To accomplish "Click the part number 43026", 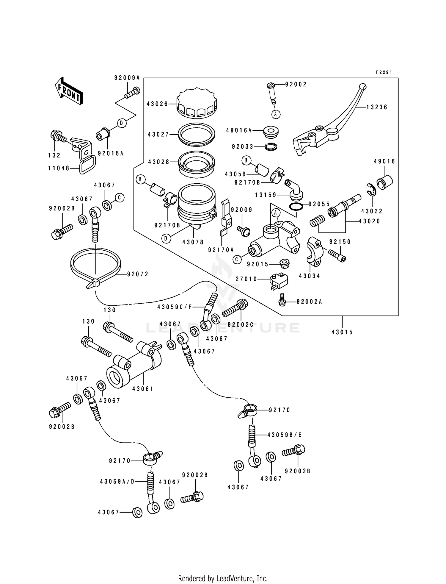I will point(157,104).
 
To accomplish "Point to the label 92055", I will point(319,204).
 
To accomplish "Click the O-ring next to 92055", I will point(296,206).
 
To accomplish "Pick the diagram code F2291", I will point(384,72).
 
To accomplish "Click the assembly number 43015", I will point(342,332).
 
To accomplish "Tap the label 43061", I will point(143,389).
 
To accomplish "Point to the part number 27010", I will point(246,279).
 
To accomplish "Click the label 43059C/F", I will point(175,307).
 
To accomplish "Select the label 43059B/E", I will point(285,435).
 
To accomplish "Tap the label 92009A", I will point(127,78).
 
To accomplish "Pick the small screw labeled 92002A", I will point(282,302).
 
